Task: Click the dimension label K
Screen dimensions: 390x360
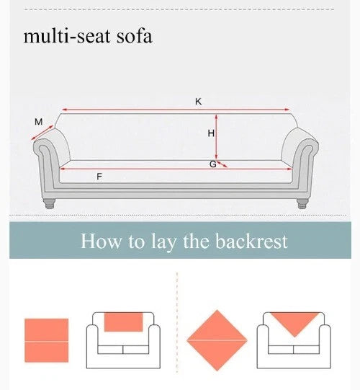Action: pyautogui.click(x=198, y=102)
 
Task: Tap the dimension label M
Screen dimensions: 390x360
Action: pyautogui.click(x=38, y=122)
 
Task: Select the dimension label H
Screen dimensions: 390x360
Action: pyautogui.click(x=211, y=133)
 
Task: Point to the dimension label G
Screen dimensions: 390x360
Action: pyautogui.click(x=212, y=164)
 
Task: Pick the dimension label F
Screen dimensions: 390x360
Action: pyautogui.click(x=99, y=177)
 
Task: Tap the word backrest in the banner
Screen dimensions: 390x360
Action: pyautogui.click(x=246, y=241)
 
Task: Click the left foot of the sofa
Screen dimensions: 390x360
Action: pyautogui.click(x=50, y=203)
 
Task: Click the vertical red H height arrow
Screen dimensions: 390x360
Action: pyautogui.click(x=217, y=137)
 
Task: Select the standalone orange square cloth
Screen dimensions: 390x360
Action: pyautogui.click(x=47, y=340)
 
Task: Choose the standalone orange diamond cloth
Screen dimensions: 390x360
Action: pyautogui.click(x=217, y=340)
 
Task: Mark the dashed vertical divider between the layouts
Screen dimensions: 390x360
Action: pyautogui.click(x=177, y=324)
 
